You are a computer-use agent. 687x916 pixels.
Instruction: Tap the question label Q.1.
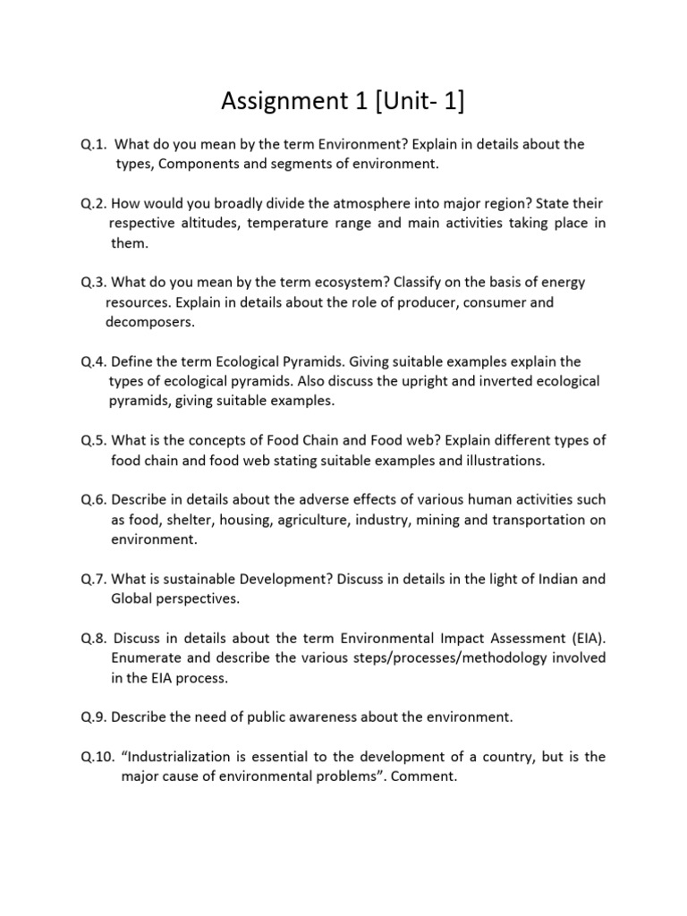coord(94,144)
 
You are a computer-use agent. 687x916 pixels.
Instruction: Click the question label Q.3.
coord(94,282)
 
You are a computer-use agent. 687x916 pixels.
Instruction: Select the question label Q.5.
coord(94,440)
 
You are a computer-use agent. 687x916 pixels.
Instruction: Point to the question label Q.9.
coord(94,717)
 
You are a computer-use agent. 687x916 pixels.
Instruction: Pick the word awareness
coord(313,717)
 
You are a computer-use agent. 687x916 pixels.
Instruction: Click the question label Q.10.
coord(98,757)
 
